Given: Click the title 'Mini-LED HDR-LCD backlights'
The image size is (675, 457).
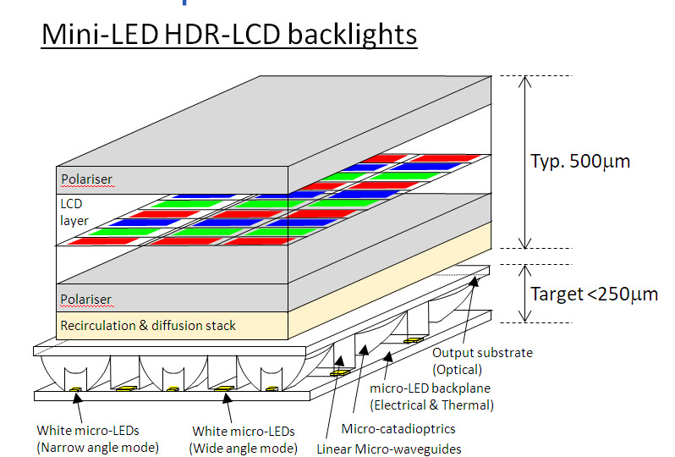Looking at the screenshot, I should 228,35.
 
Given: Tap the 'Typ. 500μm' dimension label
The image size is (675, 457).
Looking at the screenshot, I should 580,161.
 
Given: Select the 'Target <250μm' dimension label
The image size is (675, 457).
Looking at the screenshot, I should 594,295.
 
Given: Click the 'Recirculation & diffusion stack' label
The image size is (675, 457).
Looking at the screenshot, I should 148,325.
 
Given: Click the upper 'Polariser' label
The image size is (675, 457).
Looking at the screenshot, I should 86,179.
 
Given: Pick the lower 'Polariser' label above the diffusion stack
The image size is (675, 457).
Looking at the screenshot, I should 86,300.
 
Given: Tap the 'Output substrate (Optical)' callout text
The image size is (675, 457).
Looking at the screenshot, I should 482,361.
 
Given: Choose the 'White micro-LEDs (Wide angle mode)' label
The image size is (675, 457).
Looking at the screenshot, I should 244,438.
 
